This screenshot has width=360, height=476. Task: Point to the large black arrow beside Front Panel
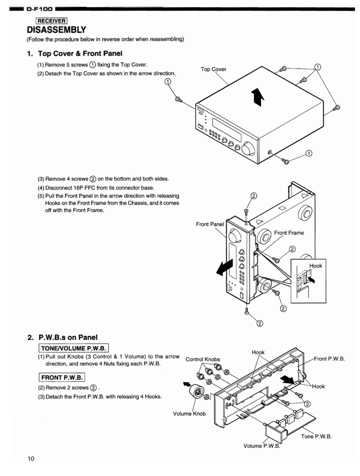pyautogui.click(x=226, y=268)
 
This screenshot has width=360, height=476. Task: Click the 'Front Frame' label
pyautogui.click(x=289, y=232)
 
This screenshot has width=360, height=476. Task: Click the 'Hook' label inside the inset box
pyautogui.click(x=315, y=266)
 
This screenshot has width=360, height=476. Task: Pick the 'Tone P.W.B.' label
pyautogui.click(x=317, y=437)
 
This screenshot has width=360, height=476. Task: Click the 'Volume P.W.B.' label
pyautogui.click(x=262, y=445)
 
